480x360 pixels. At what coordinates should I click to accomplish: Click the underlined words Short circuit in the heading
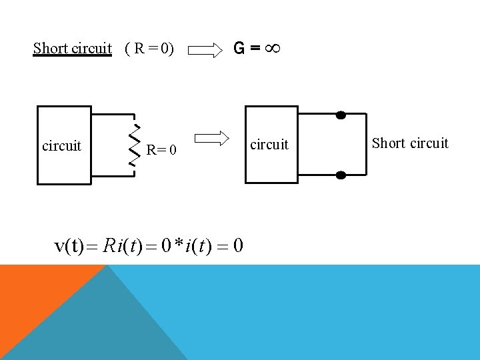(x=73, y=49)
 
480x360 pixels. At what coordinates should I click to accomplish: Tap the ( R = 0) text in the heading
(x=149, y=49)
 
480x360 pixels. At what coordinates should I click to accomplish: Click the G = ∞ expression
(x=255, y=49)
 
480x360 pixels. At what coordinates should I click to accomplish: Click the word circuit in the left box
(x=61, y=145)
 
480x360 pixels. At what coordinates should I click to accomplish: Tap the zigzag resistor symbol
(x=134, y=145)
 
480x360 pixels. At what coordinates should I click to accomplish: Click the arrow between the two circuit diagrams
(x=213, y=138)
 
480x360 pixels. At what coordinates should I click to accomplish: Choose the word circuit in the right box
(x=269, y=144)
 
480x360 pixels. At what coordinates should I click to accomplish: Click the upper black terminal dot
(x=341, y=115)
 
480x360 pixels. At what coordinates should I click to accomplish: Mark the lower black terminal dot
(x=341, y=175)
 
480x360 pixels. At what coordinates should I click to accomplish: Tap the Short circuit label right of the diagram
(x=410, y=143)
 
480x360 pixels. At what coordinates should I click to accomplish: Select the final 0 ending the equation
(x=238, y=246)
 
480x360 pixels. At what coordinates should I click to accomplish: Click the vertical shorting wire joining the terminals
(x=367, y=145)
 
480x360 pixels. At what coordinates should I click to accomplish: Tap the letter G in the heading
(x=239, y=49)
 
